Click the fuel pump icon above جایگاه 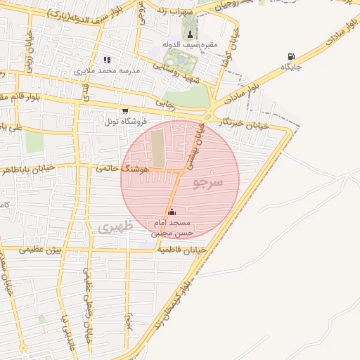coord(291,57)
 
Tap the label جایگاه coord(291,67)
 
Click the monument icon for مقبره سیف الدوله coord(189,34)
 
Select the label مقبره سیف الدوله coord(190,45)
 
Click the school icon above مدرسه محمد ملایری coord(108,60)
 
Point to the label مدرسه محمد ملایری coord(108,71)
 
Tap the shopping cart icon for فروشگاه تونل coord(125,111)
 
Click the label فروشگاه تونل coord(125,122)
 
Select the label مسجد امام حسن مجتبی coord(173,227)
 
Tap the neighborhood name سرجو coord(207,184)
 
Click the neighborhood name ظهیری coord(110,227)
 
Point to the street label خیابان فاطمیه coord(181,250)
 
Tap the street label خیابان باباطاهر coord(49,169)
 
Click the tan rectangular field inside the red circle coord(158,145)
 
